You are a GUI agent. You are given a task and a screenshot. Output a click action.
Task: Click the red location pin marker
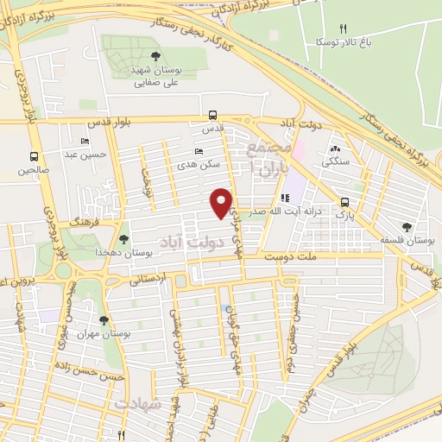pyautogui.click(x=222, y=203)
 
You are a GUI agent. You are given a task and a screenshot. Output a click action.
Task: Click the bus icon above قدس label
pyautogui.click(x=212, y=114)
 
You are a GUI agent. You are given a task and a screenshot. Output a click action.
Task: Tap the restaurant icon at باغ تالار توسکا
pyautogui.click(x=342, y=28)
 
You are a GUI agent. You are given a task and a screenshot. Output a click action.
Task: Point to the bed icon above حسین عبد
pyautogui.click(x=85, y=141)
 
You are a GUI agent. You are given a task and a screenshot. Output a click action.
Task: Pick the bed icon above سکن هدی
pyautogui.click(x=199, y=150)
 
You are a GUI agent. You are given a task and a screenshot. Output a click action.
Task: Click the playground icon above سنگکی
pyautogui.click(x=336, y=148)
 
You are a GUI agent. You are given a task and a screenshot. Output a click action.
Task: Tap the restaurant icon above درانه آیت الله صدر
pyautogui.click(x=286, y=198)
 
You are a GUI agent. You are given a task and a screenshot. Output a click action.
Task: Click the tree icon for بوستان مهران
pyautogui.click(x=104, y=321)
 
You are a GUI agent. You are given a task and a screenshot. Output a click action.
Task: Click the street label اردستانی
pyautogui.click(x=148, y=281)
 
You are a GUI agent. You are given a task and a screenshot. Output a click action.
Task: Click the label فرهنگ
pyautogui.click(x=87, y=223)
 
